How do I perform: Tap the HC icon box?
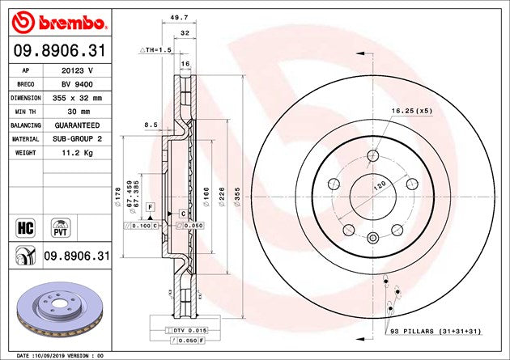(x=23, y=226)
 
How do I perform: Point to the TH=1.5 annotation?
(x=157, y=50)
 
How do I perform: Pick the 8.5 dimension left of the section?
(x=151, y=125)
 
